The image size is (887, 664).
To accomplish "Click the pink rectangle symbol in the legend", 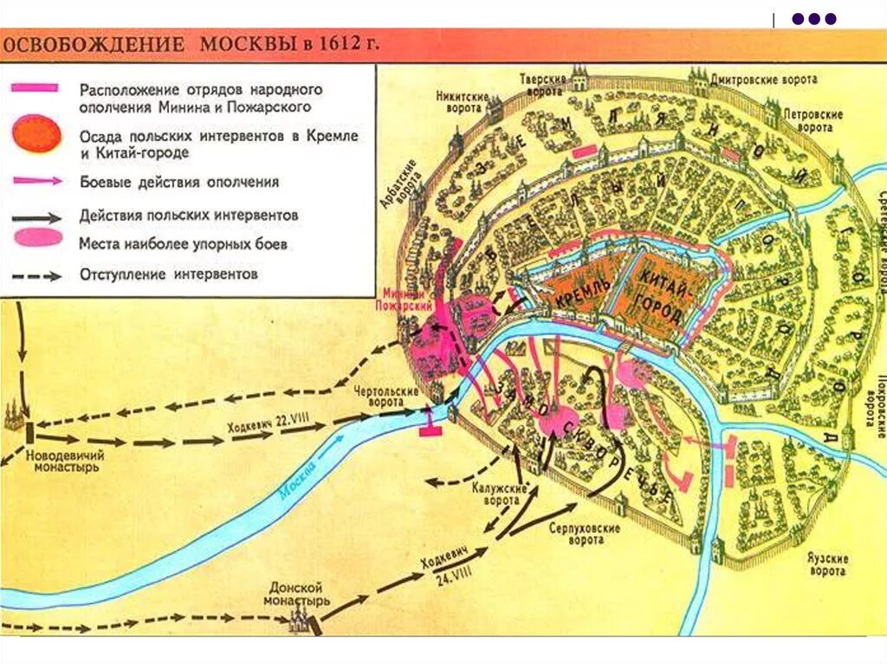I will point(35,87).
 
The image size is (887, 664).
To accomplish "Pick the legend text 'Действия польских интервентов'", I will point(189,215).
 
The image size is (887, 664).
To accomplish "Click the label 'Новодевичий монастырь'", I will point(62,461).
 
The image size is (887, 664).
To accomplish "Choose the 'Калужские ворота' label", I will point(495,493).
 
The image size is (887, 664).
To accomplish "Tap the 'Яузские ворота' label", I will point(828,565).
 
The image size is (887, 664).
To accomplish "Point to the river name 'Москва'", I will point(300,492).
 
